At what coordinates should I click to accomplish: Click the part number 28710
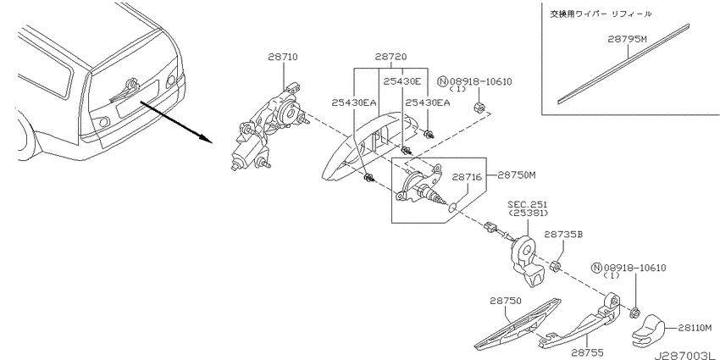[283, 58]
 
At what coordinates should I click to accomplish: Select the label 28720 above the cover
[390, 58]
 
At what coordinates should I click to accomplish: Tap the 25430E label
[402, 81]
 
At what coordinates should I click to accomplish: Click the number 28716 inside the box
[467, 177]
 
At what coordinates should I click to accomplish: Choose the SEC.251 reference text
[527, 204]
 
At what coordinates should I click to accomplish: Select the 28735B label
[563, 235]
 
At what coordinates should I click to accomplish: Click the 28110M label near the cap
[695, 328]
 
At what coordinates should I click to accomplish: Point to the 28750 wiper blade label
[505, 302]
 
